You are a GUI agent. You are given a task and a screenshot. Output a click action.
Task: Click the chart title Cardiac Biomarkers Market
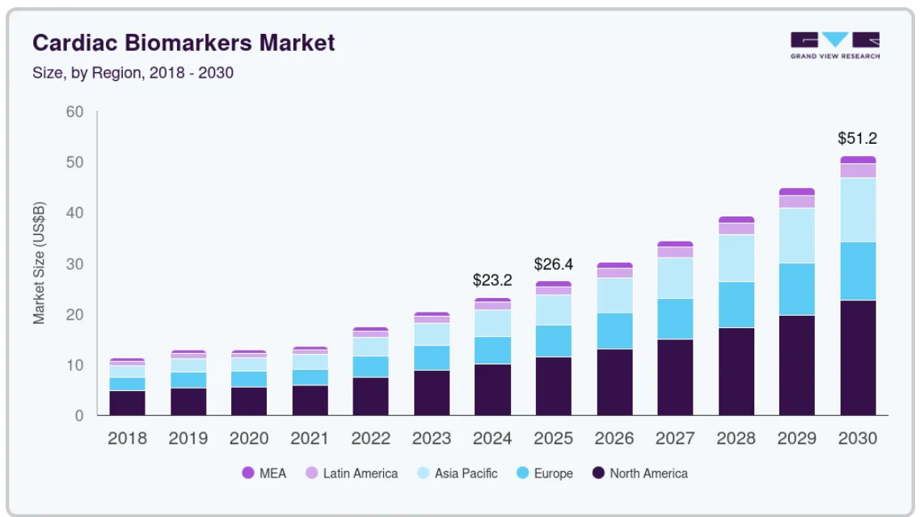184,43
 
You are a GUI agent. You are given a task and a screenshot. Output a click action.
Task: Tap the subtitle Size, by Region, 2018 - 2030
133,73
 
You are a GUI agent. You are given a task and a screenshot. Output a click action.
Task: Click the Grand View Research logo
835,45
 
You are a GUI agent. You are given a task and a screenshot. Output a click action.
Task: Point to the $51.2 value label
858,138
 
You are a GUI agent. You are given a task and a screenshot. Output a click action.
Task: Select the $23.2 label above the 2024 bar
492,280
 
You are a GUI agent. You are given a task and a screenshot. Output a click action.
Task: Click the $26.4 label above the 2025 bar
553,264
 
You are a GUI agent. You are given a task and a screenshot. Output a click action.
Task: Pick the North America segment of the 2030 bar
858,358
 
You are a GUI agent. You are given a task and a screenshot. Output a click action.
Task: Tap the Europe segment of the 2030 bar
858,271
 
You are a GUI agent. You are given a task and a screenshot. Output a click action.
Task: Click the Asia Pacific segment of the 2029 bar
797,236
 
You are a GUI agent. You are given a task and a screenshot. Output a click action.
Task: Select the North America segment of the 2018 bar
127,403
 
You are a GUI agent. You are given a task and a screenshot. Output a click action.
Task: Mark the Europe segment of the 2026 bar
614,331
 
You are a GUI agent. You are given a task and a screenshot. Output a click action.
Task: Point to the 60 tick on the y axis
75,111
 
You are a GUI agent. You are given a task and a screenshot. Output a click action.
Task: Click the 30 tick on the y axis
75,264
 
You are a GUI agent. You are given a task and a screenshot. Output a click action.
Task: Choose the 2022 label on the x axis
371,439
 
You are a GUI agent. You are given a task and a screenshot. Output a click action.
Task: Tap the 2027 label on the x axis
675,439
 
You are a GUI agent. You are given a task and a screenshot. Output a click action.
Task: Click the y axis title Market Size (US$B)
39,263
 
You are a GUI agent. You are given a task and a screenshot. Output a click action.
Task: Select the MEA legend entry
264,473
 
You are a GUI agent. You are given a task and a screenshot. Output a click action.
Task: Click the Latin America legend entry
352,473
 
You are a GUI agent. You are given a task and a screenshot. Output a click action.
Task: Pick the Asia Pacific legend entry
458,473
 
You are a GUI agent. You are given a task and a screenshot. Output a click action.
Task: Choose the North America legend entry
640,473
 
